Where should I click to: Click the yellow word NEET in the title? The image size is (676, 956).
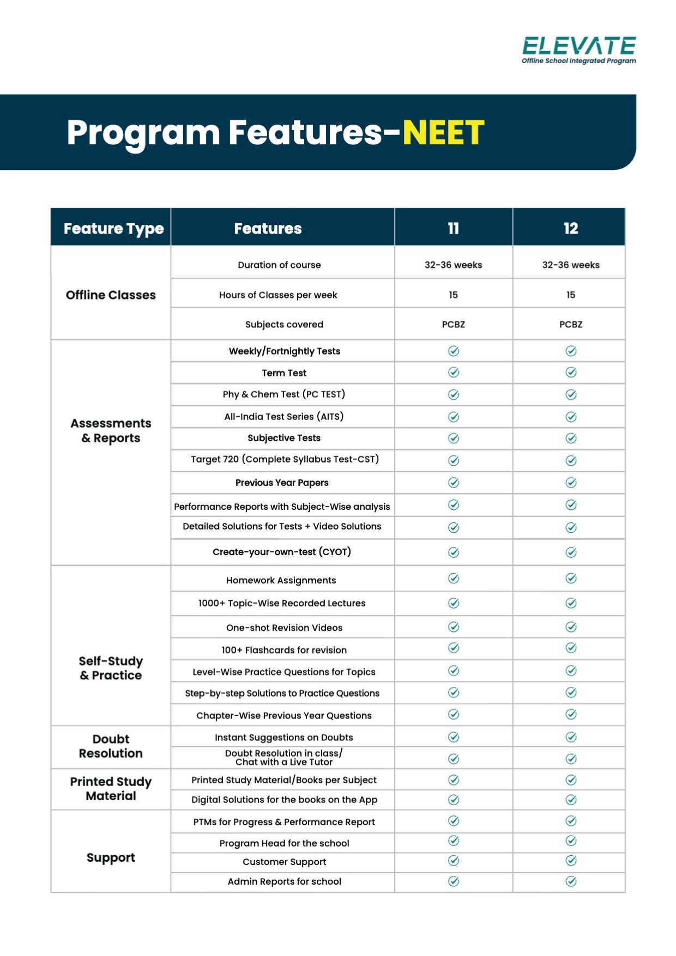pos(443,132)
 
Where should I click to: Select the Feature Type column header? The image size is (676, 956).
pos(113,228)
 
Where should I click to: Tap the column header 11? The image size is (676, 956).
pos(453,228)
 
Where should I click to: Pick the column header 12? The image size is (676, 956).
pos(570,228)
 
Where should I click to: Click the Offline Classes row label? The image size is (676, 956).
pos(111,295)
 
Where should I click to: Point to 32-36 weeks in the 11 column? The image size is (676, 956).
pos(453,265)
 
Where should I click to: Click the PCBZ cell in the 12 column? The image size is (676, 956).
pos(570,324)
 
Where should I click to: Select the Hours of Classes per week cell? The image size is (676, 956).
pos(278,295)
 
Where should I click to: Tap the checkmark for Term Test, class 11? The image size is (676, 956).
pos(453,372)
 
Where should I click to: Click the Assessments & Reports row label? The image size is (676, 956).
pos(111,430)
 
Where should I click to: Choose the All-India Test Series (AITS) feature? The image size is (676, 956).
pos(283,416)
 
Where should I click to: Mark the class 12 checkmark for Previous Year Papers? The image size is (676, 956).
pos(571,483)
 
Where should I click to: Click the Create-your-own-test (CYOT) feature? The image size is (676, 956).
pos(281,552)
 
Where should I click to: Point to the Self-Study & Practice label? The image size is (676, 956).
pos(111,668)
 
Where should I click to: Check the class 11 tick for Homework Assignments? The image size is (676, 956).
pos(453,579)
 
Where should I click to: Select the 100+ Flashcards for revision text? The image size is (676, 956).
pos(283,650)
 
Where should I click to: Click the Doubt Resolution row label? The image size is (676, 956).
pos(111,746)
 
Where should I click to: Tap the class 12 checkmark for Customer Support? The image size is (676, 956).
pos(571,861)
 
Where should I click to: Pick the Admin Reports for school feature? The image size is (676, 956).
pos(284,881)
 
